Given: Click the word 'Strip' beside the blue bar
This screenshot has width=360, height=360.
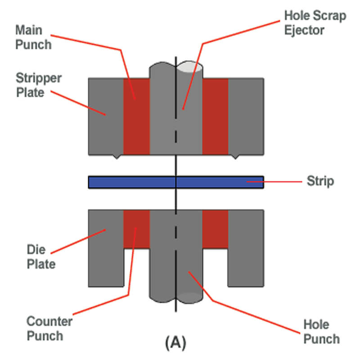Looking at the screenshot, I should [x=320, y=181].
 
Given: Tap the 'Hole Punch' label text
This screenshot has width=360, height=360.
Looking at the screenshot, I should [x=321, y=331].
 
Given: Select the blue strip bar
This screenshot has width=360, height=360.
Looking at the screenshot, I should [x=135, y=182].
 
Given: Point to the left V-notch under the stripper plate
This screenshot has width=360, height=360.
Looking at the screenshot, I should [x=117, y=157].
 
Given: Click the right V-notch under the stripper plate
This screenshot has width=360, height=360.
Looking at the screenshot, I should [x=234, y=157].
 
